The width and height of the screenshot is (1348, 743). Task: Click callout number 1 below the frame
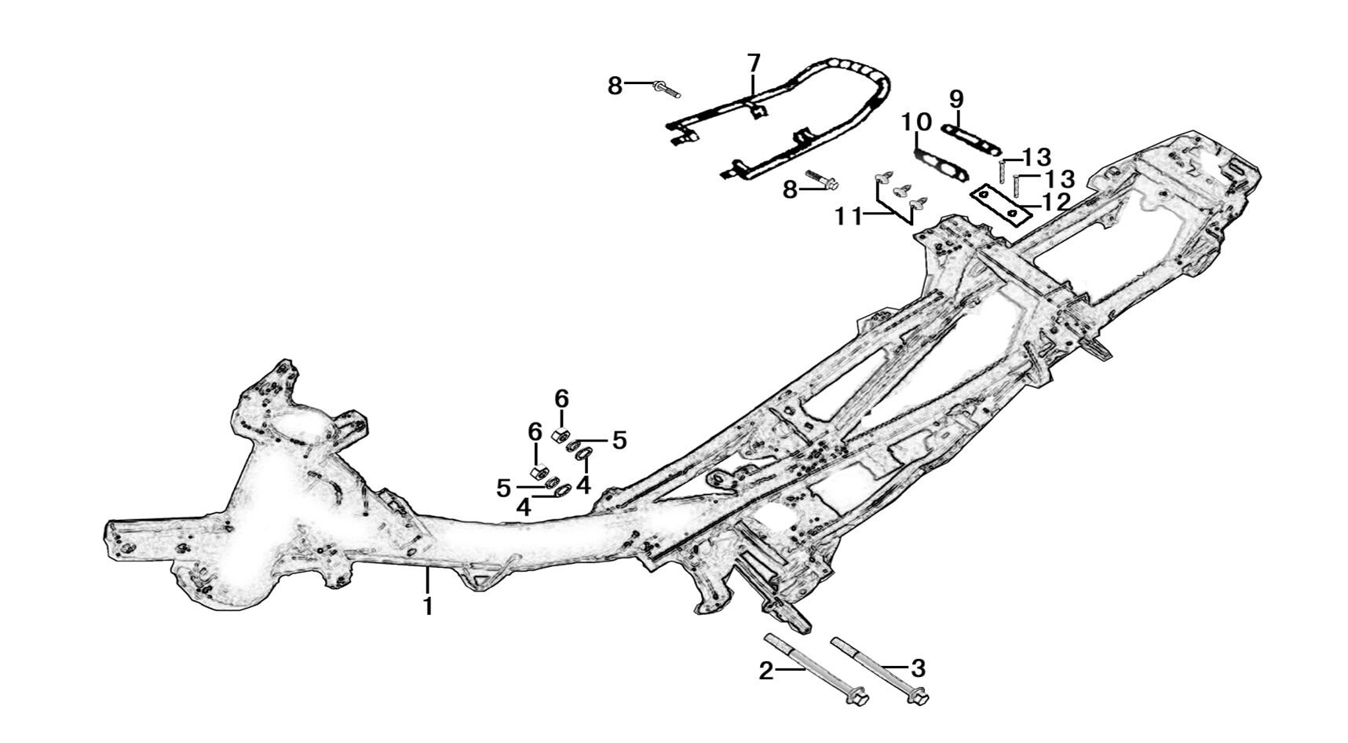coord(428,606)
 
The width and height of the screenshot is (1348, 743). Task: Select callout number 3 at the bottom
coord(918,668)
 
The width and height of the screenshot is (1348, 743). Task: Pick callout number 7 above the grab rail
coord(753,63)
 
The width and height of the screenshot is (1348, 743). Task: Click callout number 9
coord(955,99)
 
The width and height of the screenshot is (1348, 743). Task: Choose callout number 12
coord(1057,202)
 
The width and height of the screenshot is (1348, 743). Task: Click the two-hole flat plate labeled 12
coord(1000,202)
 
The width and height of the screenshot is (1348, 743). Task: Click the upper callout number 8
coord(615,85)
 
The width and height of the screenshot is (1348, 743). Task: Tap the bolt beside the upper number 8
coord(666,89)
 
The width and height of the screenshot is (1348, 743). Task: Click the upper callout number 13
coord(1036,157)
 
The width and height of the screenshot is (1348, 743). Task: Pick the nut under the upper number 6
coord(561,434)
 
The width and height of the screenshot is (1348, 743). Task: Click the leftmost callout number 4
coord(523,507)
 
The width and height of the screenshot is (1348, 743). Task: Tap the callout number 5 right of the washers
coord(619,441)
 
